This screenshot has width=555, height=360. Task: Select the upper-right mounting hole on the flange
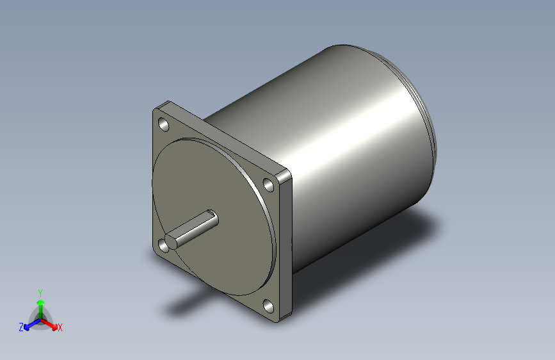(269, 185)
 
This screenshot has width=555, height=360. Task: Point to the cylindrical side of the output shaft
(195, 227)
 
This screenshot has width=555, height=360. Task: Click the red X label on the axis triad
(60, 327)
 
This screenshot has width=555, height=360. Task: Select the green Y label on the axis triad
(40, 291)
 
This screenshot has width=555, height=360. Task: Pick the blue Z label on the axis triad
(21, 327)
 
